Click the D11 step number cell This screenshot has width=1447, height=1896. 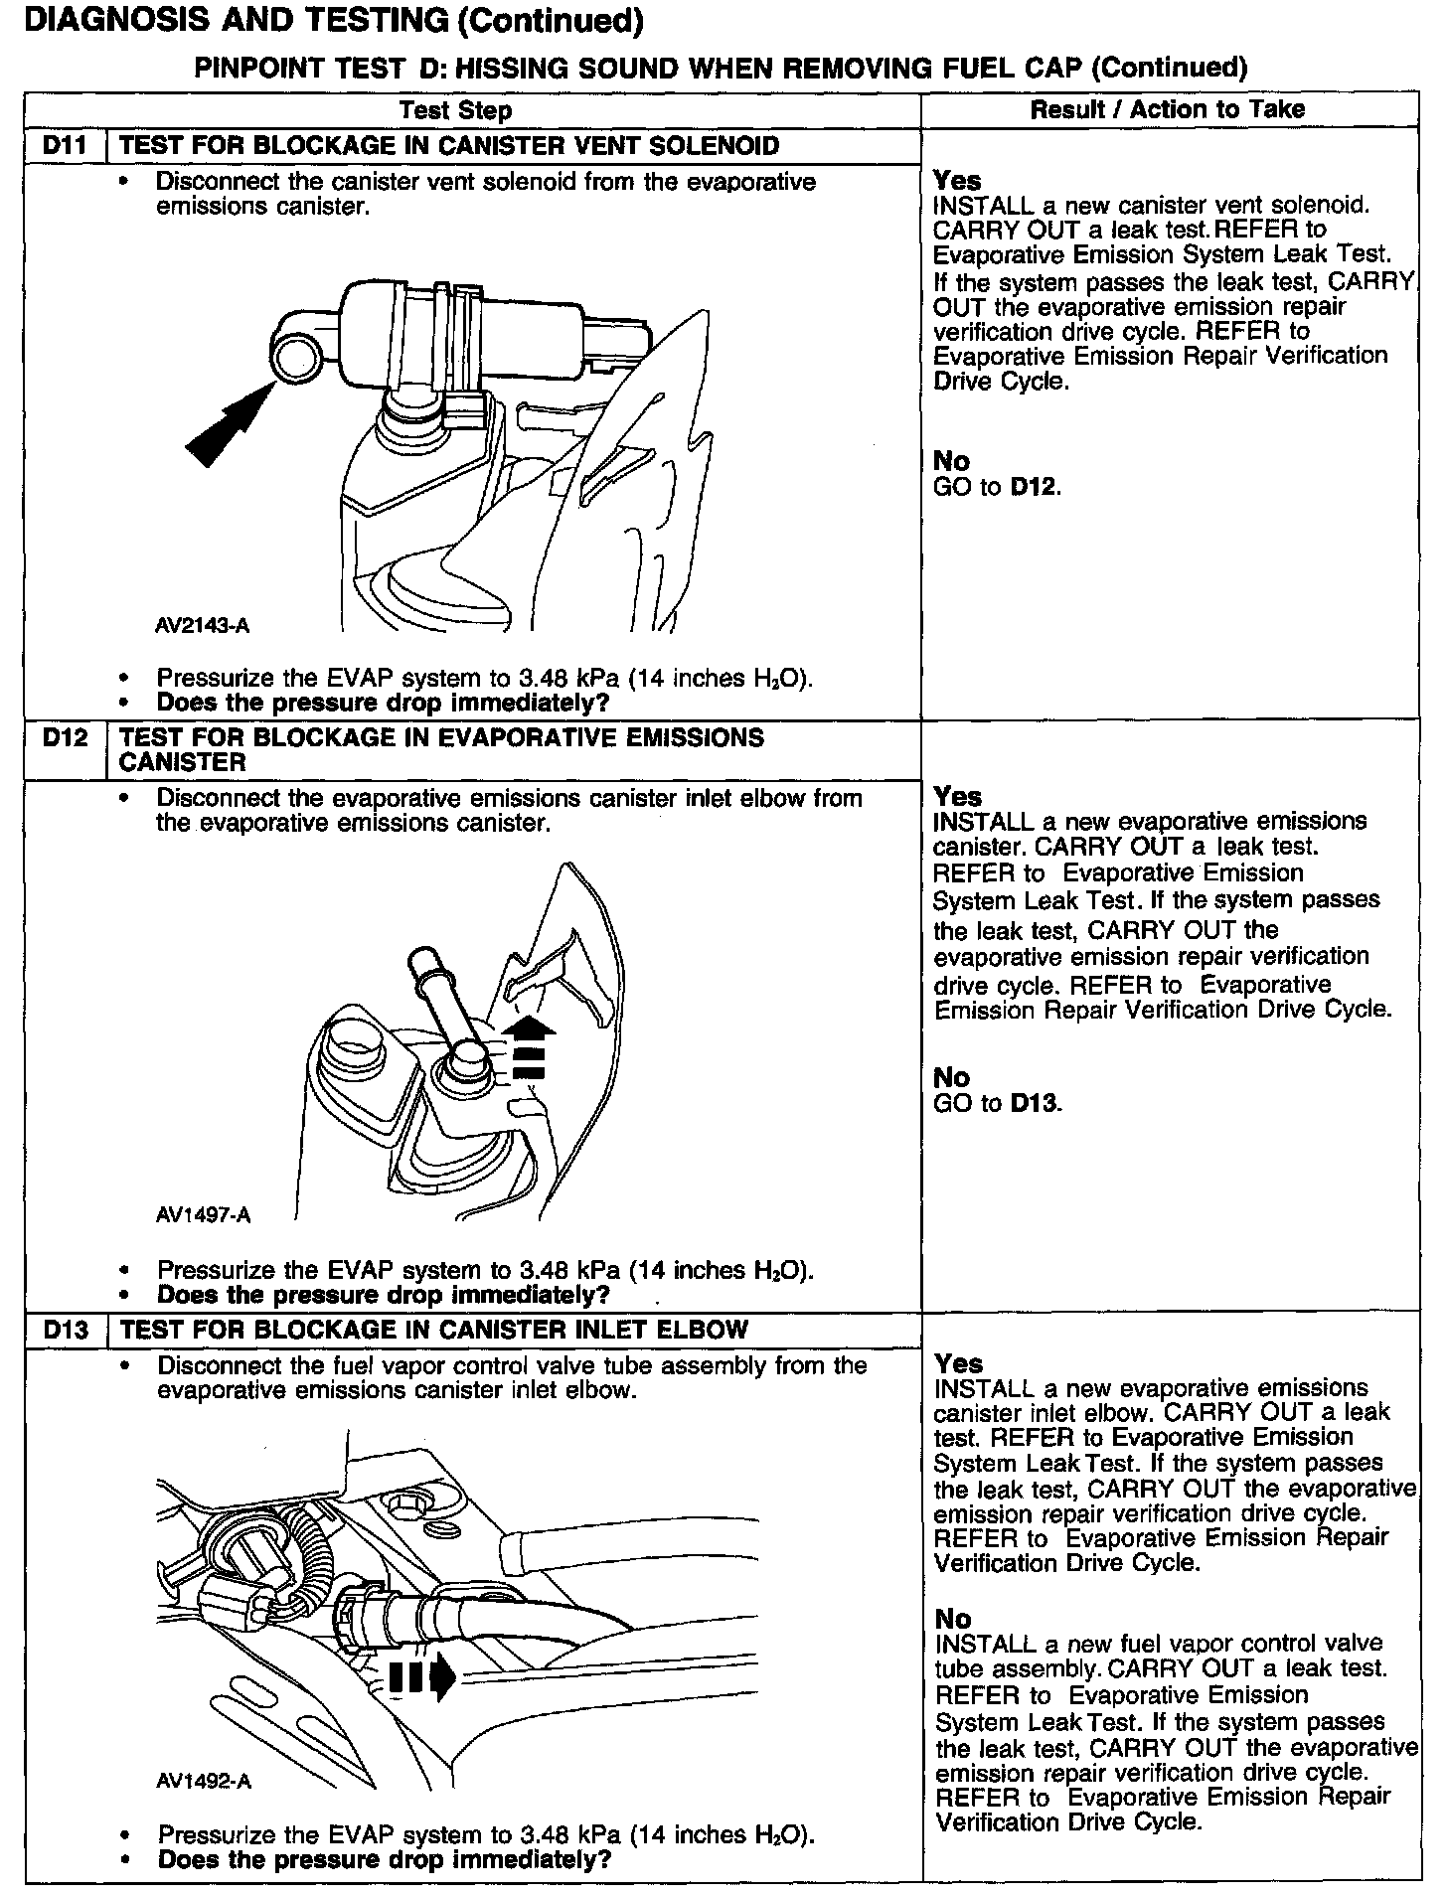point(65,146)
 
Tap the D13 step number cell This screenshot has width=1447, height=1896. point(65,1330)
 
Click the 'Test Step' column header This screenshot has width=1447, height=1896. point(455,110)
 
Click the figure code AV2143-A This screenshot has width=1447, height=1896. point(203,626)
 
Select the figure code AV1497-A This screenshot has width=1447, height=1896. point(203,1215)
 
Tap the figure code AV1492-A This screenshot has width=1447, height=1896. point(203,1782)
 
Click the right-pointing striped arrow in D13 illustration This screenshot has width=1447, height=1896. point(421,1678)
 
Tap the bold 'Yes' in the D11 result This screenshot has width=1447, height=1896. point(957,181)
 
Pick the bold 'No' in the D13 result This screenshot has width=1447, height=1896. point(952,1620)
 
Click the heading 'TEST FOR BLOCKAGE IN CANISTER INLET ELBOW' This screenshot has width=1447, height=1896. point(433,1330)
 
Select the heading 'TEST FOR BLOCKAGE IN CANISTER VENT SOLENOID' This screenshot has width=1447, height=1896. point(448,146)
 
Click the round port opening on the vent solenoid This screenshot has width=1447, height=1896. point(295,358)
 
